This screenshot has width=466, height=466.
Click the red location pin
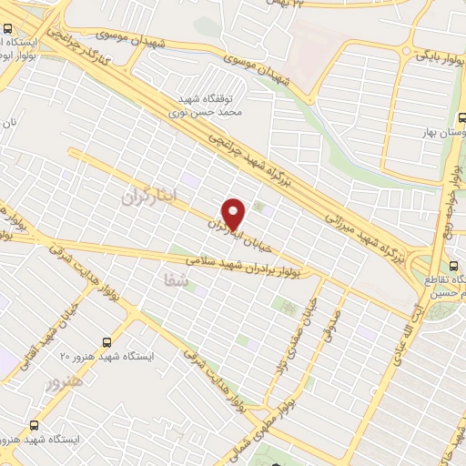tap(235, 214)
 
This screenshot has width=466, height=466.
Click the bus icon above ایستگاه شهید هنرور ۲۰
tap(107, 342)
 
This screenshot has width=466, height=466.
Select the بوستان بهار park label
tap(438, 133)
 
